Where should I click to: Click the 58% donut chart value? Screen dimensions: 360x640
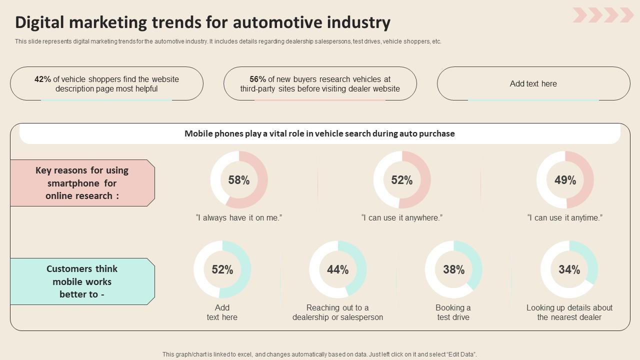239,180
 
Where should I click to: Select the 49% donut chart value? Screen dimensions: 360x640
565,180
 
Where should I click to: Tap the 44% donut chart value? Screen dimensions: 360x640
337,269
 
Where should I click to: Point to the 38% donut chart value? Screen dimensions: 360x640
453,269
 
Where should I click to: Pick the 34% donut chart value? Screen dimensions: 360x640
569,269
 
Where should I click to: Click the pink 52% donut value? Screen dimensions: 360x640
402,180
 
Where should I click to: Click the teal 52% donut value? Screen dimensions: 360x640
222,269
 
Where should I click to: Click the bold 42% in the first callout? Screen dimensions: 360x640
42,79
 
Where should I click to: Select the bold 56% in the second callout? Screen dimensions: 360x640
257,79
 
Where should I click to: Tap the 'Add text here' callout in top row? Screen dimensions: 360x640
533,83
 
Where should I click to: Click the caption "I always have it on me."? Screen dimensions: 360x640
239,217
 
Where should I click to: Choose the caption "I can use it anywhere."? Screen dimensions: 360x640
402,217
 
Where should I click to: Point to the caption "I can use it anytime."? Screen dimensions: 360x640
565,217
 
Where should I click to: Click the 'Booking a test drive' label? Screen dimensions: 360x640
453,312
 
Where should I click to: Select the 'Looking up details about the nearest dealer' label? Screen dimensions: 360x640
569,312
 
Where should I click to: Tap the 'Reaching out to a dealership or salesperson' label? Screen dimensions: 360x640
337,312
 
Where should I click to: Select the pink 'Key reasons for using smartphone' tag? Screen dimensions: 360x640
82,183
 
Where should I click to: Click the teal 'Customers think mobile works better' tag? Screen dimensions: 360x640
82,281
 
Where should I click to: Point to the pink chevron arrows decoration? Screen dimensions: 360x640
603,15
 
